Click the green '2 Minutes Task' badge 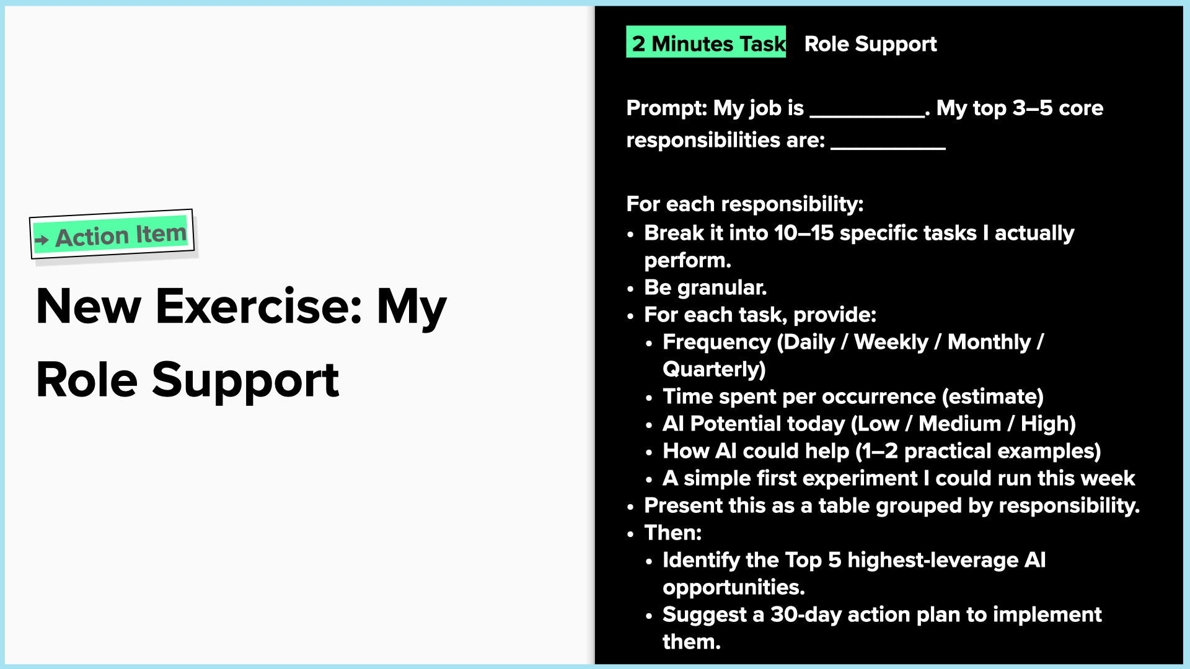706,42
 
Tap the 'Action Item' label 121,235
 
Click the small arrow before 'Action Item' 42,240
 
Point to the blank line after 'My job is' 867,115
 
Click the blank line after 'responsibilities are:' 888,147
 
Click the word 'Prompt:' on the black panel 667,108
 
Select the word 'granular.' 722,288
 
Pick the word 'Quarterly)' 714,369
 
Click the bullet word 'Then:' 673,533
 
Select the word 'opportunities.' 734,587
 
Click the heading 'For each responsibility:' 745,204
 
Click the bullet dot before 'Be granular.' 630,289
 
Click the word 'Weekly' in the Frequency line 891,342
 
